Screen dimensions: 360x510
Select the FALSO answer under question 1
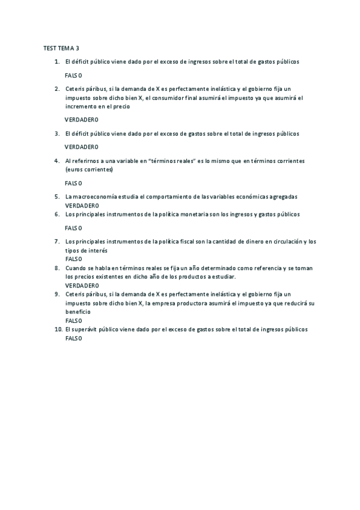(73, 75)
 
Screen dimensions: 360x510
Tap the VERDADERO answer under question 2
(81, 120)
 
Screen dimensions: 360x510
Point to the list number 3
(57, 134)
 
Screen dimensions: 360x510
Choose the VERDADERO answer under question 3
(81, 147)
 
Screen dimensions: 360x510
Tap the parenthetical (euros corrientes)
(89, 170)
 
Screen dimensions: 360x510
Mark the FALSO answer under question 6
(73, 228)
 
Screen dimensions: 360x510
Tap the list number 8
(57, 268)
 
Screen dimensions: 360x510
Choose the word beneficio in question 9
(78, 312)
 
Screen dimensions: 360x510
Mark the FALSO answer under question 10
(73, 339)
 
